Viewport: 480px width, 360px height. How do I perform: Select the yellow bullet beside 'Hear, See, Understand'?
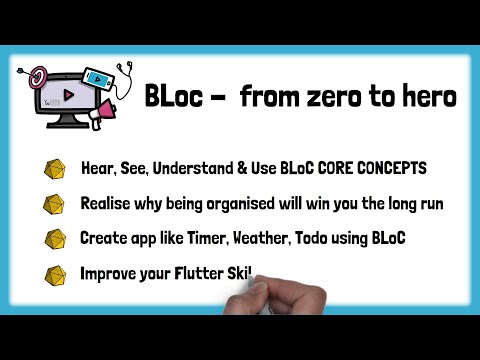coord(53,168)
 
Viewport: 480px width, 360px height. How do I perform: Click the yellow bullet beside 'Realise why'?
coord(53,204)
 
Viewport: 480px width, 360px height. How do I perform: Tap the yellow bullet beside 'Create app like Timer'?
coord(53,239)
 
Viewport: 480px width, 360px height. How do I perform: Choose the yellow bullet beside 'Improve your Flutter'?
coord(53,274)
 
